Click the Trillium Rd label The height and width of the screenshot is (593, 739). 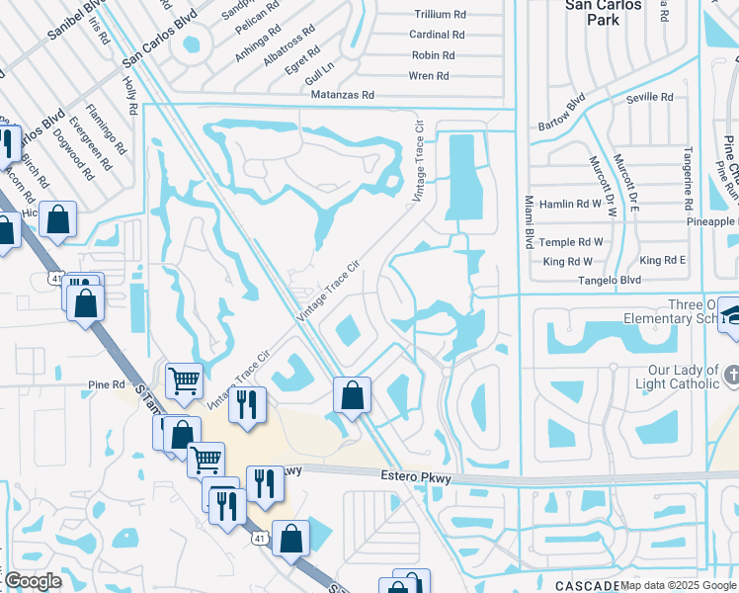click(440, 15)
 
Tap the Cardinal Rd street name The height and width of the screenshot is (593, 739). click(437, 35)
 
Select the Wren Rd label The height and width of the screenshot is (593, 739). click(429, 75)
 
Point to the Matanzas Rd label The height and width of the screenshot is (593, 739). click(341, 95)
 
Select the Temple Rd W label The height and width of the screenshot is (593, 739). click(572, 242)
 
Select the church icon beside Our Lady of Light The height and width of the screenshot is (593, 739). click(730, 375)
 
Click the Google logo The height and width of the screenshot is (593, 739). click(32, 581)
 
